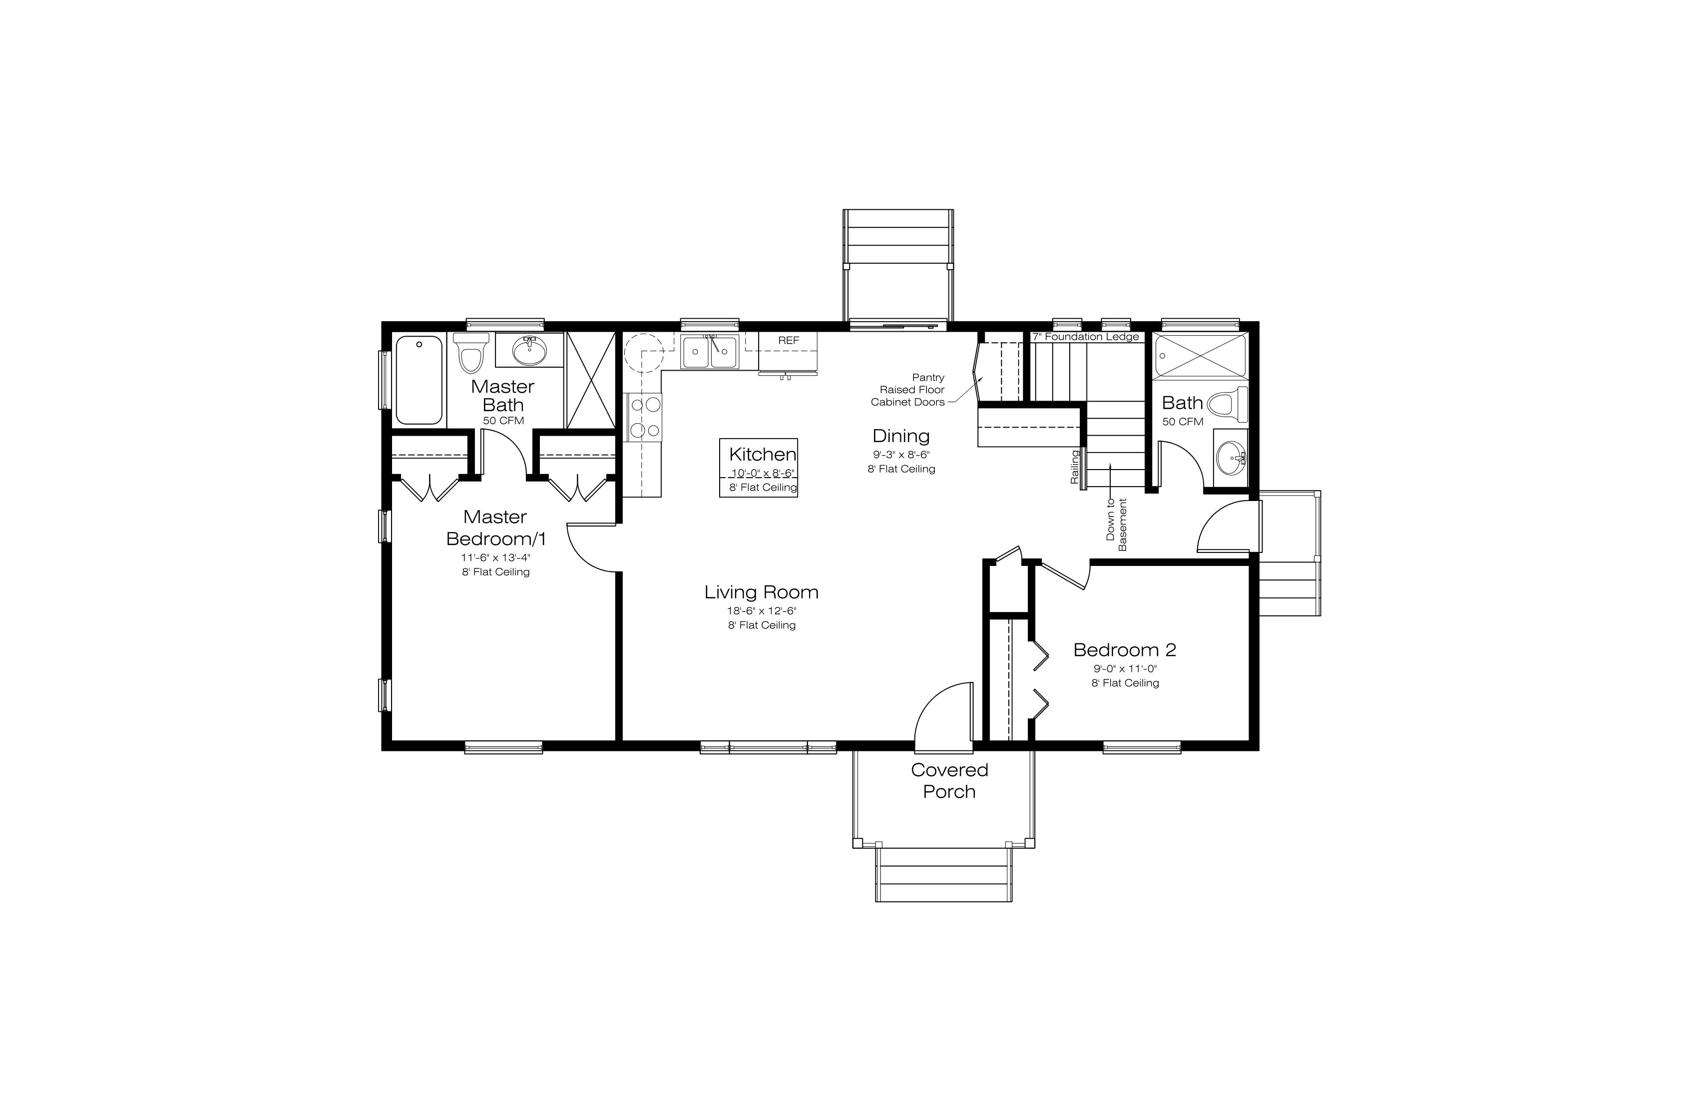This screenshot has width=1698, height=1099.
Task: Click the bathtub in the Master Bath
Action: [x=419, y=380]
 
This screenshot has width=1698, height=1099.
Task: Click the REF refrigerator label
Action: [x=789, y=340]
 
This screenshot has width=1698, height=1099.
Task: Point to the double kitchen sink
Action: [x=709, y=352]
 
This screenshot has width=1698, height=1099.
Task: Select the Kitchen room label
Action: [x=763, y=454]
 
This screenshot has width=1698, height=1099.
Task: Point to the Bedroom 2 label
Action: [x=1124, y=649]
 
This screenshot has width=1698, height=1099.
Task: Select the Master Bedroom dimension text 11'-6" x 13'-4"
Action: [x=496, y=557]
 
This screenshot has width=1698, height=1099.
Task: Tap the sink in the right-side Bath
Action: [x=1231, y=455]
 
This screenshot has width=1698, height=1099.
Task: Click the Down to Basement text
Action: [x=1116, y=524]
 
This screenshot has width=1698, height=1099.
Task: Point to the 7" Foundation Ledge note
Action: [x=1085, y=337]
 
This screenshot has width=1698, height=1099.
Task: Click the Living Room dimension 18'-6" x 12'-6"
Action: [x=761, y=611]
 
